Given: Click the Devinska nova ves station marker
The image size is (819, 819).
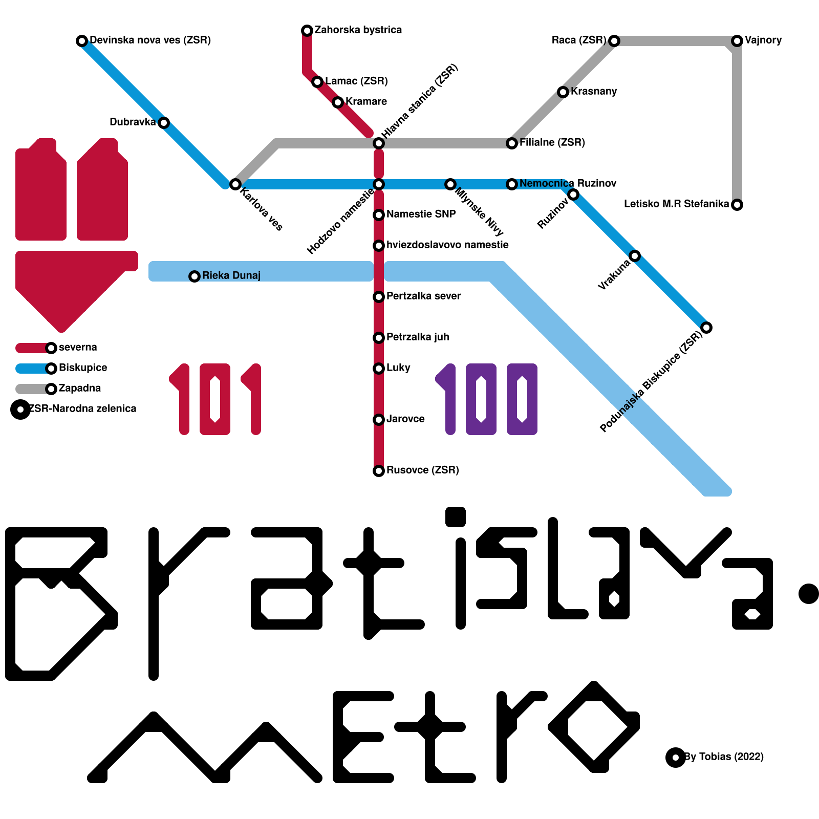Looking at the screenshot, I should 82,41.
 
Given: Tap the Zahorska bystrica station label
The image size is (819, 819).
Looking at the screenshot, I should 358,30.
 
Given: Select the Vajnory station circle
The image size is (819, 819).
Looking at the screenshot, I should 737,41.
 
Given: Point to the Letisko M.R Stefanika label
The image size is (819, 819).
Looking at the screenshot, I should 676,204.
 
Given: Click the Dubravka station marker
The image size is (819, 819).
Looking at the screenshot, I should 164,123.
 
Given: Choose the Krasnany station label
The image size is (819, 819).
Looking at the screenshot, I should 594,92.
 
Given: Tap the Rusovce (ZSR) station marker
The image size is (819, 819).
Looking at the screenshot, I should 379,471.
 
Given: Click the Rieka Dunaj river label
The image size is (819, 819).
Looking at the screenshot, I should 231,276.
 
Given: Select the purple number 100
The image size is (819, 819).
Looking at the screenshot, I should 486,399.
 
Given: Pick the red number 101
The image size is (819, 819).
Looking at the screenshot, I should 215,399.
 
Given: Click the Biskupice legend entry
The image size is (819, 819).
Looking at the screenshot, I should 82,368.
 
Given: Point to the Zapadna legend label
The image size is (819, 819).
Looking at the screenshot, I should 79,389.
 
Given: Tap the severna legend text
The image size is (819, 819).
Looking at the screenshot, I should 78,348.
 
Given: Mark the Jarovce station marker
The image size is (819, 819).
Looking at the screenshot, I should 379,420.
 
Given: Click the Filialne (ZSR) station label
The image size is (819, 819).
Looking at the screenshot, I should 552,143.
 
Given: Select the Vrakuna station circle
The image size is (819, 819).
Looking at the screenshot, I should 635,256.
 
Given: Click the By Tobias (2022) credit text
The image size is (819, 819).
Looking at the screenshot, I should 724,757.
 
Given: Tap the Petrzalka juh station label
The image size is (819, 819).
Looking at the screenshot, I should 418,337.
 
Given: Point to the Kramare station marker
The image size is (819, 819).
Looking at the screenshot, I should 338,102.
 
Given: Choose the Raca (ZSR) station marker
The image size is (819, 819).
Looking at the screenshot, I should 614,41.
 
